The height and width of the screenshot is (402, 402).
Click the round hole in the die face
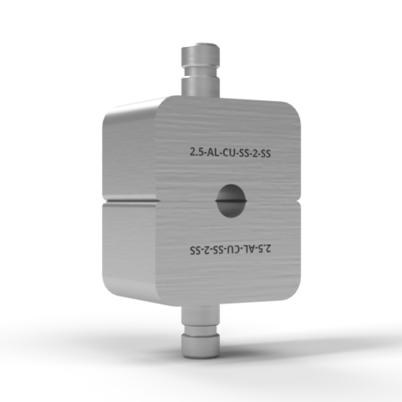click(x=232, y=201)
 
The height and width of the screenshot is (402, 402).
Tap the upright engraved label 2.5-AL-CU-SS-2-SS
click(x=230, y=153)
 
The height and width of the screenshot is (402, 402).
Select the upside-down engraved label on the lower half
click(x=230, y=249)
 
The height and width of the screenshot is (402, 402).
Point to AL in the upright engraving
click(x=214, y=153)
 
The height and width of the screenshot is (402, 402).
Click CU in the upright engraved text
click(x=230, y=153)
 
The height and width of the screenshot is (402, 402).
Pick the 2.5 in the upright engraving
click(x=197, y=153)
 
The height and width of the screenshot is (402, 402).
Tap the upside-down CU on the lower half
click(x=230, y=249)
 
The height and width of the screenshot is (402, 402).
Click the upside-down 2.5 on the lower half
click(x=263, y=249)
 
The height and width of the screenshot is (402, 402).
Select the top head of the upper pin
click(x=201, y=55)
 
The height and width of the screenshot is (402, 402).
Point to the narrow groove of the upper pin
click(x=201, y=73)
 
